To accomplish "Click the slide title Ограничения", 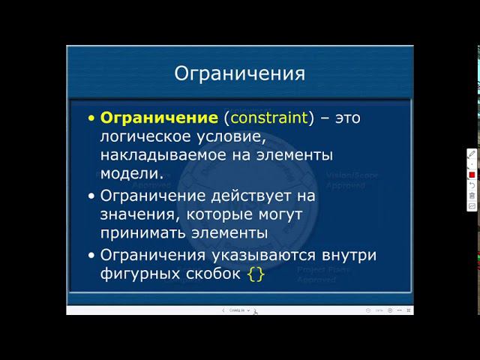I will coord(239,73).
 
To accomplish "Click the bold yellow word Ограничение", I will coord(158,118).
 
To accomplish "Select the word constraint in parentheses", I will coord(269,118).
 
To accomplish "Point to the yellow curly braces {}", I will coord(256,274).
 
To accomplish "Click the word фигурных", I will coord(136,274).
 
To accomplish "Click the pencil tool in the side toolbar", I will coord(472,154).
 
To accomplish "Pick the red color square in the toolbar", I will coord(472,174).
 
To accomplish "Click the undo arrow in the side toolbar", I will coord(472,184).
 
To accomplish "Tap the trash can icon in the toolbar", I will coord(472,195).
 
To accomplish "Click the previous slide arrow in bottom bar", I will coord(223,310).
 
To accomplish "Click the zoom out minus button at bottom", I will coord(367,310).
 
